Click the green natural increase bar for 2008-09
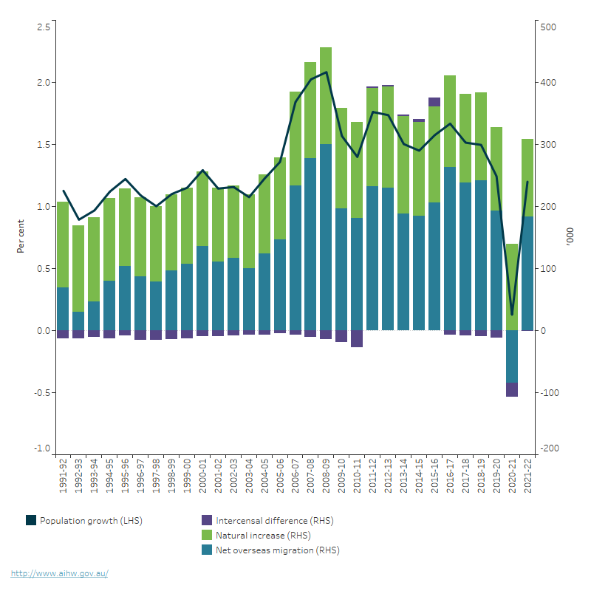[x=326, y=96]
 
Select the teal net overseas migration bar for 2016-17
[x=449, y=248]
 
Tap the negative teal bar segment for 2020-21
[x=511, y=356]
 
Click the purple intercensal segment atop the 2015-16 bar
[x=434, y=102]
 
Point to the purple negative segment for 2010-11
[x=357, y=338]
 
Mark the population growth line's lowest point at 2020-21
[x=511, y=315]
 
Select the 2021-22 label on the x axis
[x=527, y=477]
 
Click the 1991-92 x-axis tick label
[x=63, y=477]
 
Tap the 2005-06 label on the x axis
[x=279, y=477]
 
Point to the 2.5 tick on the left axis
[x=43, y=27]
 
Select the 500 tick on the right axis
[x=550, y=27]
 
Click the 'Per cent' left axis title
[x=21, y=236]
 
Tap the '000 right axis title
[x=569, y=236]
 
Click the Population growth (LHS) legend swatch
[x=31, y=520]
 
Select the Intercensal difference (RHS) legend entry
[x=274, y=520]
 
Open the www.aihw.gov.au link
[x=59, y=573]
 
